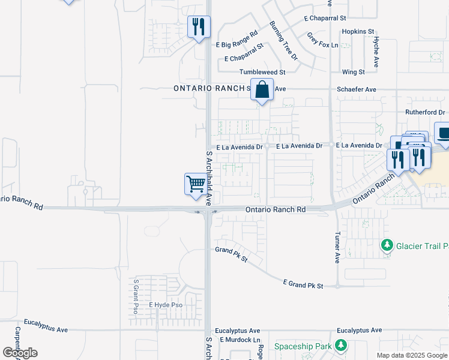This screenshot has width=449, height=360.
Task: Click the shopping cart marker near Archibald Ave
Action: pyautogui.click(x=196, y=184)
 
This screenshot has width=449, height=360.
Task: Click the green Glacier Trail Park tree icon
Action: pyautogui.click(x=388, y=245)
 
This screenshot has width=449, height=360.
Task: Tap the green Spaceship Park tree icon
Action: pyautogui.click(x=341, y=346)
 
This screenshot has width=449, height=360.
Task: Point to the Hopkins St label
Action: pyautogui.click(x=358, y=31)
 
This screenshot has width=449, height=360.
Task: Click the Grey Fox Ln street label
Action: pyautogui.click(x=323, y=41)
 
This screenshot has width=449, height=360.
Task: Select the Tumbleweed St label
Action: pyautogui.click(x=262, y=72)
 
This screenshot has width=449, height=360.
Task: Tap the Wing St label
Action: pyautogui.click(x=353, y=72)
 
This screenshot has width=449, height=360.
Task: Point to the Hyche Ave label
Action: pyautogui.click(x=376, y=52)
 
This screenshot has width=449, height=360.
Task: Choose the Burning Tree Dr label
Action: pyautogui.click(x=283, y=40)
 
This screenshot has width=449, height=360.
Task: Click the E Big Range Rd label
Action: pyautogui.click(x=237, y=40)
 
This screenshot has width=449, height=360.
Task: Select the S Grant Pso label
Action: pyautogui.click(x=136, y=296)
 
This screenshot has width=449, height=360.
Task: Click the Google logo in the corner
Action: pyautogui.click(x=20, y=353)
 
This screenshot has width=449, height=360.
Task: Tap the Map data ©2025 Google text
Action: pyautogui.click(x=412, y=355)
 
